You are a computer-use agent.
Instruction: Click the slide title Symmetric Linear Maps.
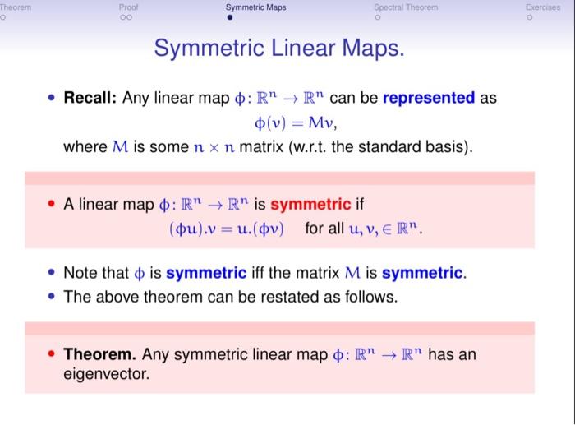(x=279, y=49)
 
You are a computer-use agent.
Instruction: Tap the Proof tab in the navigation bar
(x=128, y=7)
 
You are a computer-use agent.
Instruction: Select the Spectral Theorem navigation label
(x=406, y=7)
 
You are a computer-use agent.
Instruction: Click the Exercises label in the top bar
(x=543, y=7)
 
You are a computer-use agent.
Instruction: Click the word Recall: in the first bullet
(x=90, y=99)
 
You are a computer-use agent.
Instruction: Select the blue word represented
(x=429, y=99)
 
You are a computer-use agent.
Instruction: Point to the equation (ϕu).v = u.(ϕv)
(x=225, y=228)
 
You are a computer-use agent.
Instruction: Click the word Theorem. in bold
(x=99, y=354)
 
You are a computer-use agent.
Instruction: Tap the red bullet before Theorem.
(x=52, y=355)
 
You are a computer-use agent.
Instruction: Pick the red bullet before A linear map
(x=52, y=205)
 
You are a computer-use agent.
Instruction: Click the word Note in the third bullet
(x=80, y=273)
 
